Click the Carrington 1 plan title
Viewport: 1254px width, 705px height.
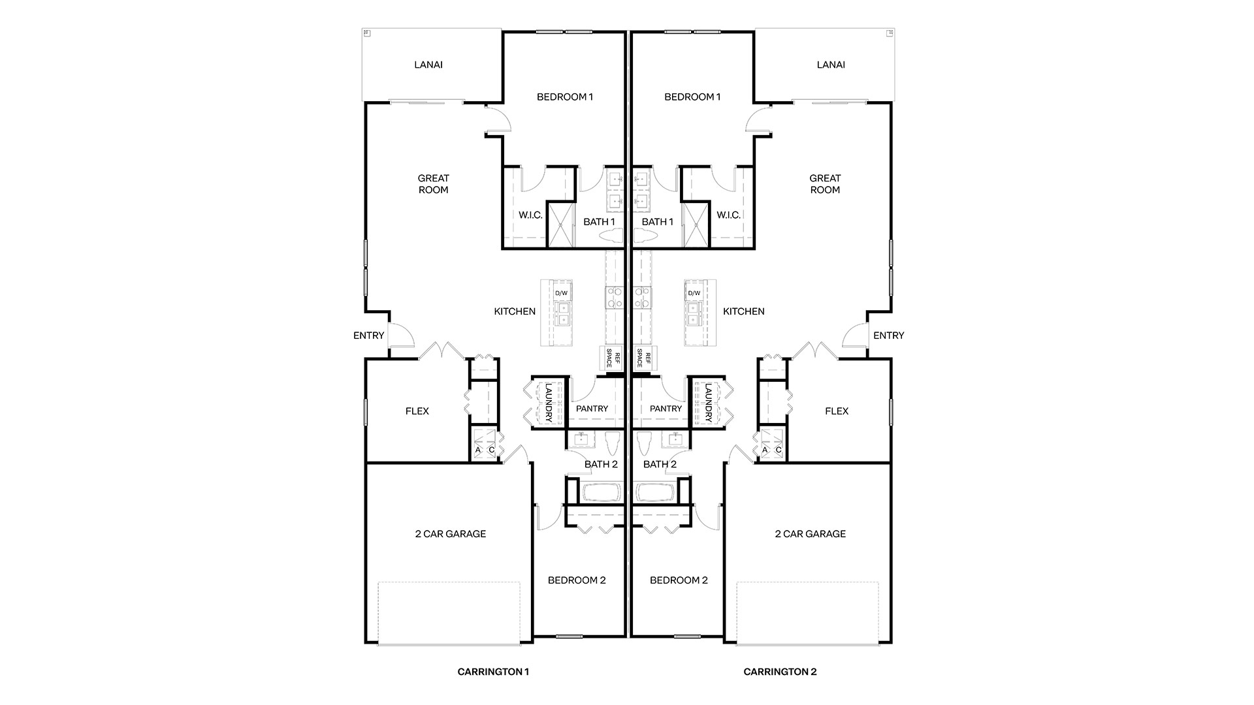(x=493, y=672)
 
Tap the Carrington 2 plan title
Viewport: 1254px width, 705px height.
(x=780, y=672)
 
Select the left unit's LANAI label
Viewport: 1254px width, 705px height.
(x=428, y=65)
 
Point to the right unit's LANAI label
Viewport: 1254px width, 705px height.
(x=831, y=65)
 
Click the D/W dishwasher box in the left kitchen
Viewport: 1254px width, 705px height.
(x=562, y=293)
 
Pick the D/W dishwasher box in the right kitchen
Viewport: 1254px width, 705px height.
(x=694, y=293)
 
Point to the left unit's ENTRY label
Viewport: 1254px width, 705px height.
(x=368, y=336)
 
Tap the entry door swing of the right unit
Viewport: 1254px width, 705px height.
(x=854, y=335)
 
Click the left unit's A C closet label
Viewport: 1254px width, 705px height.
(x=485, y=450)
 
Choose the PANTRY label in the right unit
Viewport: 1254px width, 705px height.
(x=666, y=409)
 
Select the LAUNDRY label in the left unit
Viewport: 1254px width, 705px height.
(x=549, y=402)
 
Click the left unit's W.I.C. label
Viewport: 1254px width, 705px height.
(x=530, y=215)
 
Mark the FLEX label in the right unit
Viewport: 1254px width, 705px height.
(x=837, y=411)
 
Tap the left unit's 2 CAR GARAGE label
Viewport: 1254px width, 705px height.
(x=451, y=534)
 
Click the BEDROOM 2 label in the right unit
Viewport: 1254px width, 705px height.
(x=679, y=580)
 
